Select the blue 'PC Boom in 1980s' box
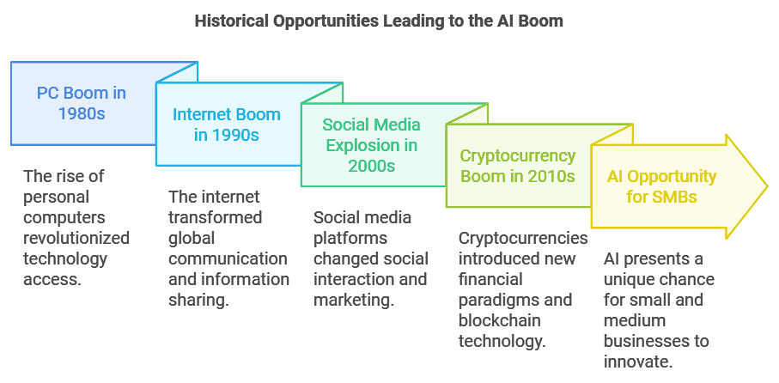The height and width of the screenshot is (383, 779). tap(82, 103)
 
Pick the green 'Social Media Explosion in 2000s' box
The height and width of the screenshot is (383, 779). tap(372, 145)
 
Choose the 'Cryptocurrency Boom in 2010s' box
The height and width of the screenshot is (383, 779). tap(517, 166)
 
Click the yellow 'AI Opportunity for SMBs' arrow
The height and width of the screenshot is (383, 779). tap(661, 186)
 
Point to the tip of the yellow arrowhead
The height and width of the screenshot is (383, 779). tap(766, 186)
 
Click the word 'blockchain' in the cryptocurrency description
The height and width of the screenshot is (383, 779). tap(497, 321)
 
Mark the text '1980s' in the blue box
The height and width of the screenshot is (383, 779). tap(82, 113)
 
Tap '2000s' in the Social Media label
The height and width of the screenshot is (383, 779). tap(372, 166)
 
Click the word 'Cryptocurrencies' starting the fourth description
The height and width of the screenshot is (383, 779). tap(523, 238)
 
